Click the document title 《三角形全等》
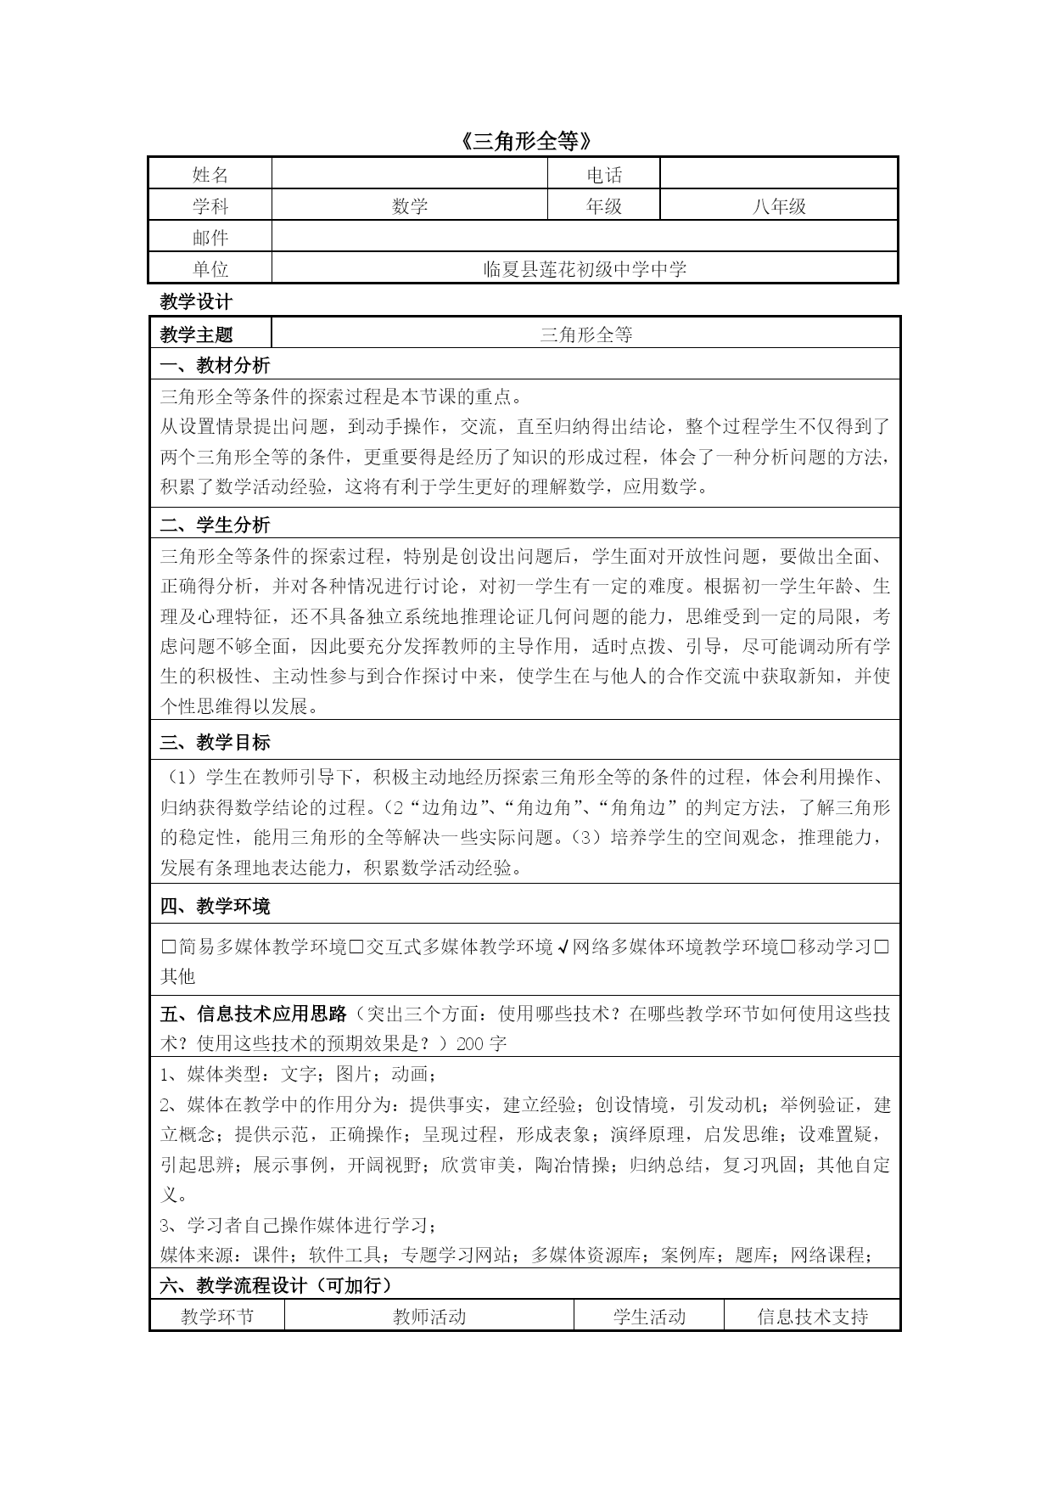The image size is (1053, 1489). coord(525,141)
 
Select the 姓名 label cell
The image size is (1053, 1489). coord(210,175)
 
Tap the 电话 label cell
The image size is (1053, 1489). coord(604,175)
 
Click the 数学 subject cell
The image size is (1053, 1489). coord(410,206)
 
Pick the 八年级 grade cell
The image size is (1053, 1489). coord(778,206)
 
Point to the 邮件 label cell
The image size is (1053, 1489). coord(210,238)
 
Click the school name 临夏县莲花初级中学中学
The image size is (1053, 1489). coord(585,269)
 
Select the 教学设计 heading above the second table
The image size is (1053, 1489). coord(196,301)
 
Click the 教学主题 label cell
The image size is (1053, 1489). coord(196,334)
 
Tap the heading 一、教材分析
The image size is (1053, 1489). coord(215,365)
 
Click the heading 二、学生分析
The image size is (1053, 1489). coord(215,525)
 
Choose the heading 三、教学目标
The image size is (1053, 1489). coord(215,742)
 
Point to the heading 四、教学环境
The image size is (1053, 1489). coord(215,906)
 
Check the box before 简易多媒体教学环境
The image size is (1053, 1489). coord(168,947)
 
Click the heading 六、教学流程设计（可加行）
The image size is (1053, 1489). coord(277,1285)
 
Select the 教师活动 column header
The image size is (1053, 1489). coord(429,1317)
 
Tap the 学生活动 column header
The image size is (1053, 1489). coord(649,1317)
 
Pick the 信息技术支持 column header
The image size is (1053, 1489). coord(812,1317)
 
